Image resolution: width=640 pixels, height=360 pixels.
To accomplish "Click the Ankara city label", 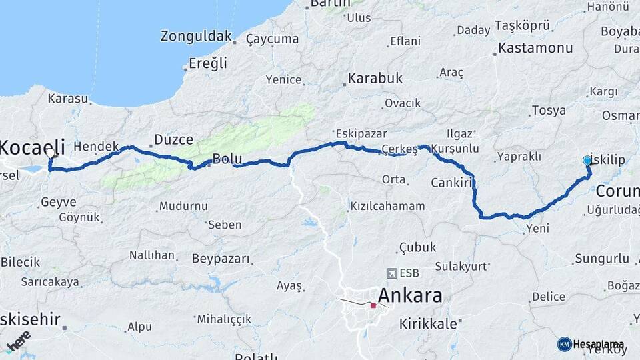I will point(410,295).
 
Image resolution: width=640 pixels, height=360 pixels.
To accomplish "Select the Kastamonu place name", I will point(535,48).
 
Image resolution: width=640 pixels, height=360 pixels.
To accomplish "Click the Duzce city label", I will point(173,139).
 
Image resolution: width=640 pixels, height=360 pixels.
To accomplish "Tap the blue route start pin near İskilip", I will point(587,160).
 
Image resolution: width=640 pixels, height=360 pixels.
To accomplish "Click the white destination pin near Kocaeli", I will point(51,153).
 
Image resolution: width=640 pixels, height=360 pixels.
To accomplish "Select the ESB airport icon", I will point(391,273).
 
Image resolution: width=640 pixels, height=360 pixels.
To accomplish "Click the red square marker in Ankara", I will point(373,306).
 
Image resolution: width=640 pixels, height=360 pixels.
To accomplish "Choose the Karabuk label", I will point(375,79).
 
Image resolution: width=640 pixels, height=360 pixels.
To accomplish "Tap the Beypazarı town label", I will point(221,258).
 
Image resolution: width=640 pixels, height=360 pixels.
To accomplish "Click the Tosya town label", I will point(549,111).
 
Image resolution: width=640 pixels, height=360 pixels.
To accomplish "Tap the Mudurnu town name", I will point(184,206).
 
